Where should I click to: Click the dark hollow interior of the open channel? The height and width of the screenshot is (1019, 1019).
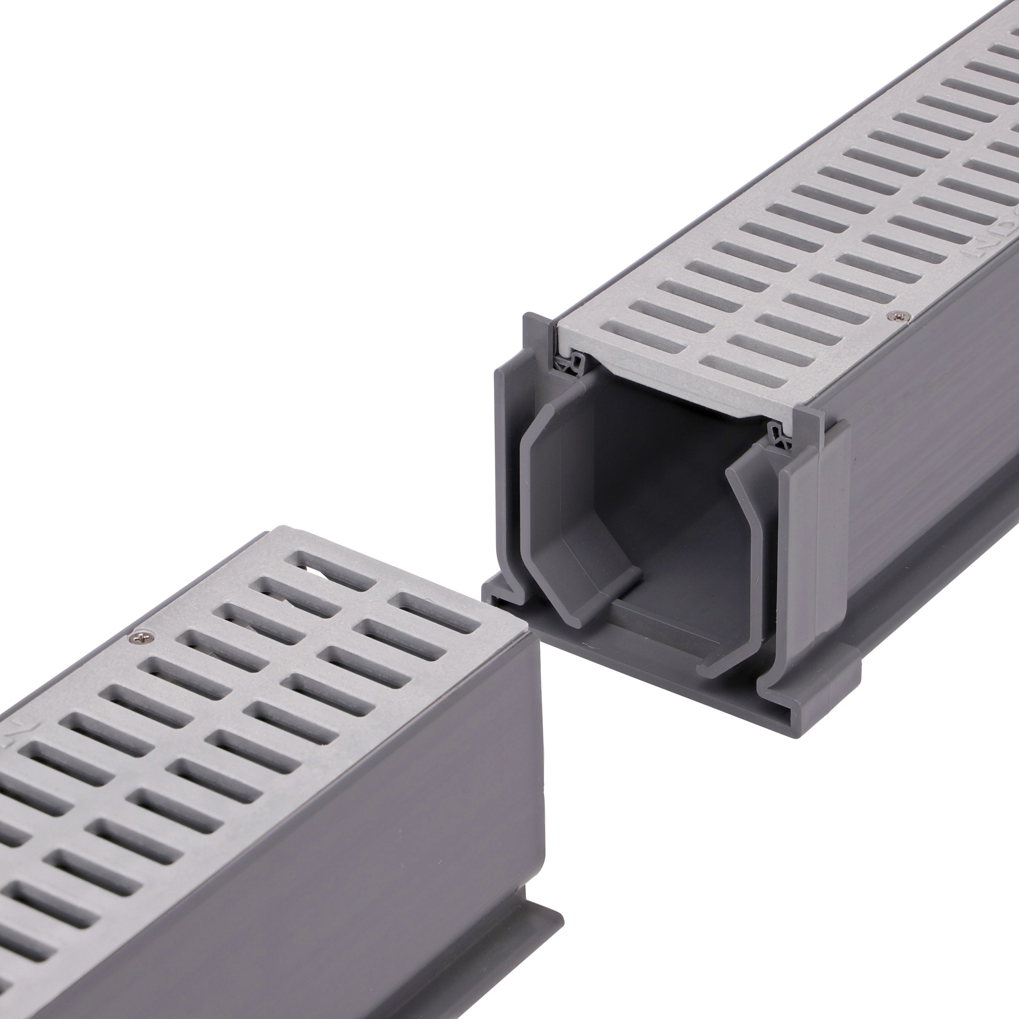pos(659,475)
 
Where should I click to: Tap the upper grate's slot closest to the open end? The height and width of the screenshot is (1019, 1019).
pos(739,369)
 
